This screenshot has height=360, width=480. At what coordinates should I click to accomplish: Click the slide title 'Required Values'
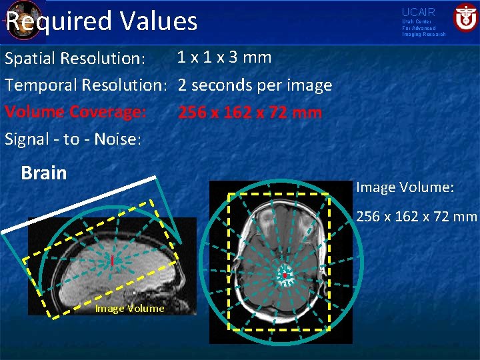101,21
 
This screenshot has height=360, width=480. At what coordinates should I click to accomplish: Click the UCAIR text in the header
418,12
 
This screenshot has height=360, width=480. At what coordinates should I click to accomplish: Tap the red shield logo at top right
464,18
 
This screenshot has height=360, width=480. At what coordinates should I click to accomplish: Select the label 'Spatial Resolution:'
75,58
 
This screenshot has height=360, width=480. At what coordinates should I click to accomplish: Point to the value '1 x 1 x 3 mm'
224,57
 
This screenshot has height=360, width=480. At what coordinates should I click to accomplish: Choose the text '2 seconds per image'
255,85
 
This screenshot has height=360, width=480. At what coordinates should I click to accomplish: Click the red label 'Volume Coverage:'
75,112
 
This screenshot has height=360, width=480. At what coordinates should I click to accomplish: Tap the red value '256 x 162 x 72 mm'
249,113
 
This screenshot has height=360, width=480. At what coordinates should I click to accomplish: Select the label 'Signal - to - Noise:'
73,139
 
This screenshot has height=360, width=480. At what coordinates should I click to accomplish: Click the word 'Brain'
44,173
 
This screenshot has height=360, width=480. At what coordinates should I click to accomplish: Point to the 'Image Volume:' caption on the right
405,187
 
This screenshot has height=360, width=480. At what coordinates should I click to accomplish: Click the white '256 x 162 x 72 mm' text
417,216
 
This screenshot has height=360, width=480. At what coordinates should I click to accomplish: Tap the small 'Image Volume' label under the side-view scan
129,308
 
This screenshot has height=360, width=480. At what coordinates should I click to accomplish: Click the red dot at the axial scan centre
285,275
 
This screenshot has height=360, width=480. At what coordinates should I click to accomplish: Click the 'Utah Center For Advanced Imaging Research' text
423,28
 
